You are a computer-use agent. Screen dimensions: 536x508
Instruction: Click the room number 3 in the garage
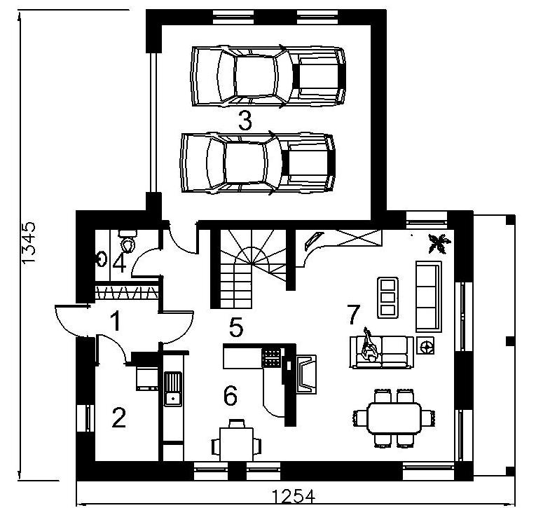point(245,121)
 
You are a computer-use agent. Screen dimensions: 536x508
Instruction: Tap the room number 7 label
point(354,314)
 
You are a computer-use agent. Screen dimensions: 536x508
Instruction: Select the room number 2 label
point(119,418)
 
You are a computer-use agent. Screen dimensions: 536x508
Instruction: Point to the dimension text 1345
point(29,242)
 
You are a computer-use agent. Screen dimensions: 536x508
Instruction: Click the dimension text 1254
point(294,497)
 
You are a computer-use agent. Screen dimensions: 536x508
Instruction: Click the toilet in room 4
point(128,241)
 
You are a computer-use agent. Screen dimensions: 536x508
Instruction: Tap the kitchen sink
point(173,389)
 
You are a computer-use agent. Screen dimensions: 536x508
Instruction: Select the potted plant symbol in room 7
point(439,243)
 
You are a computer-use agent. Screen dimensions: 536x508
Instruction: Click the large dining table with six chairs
point(394,418)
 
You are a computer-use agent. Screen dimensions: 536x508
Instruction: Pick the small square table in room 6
point(237,441)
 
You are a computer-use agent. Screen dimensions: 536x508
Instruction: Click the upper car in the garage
point(268,76)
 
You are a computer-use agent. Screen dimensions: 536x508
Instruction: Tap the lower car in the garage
point(258,163)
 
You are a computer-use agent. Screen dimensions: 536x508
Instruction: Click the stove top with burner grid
point(272,357)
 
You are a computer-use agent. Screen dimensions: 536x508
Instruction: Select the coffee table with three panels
point(388,298)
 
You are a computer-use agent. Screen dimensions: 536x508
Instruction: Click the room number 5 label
point(236,327)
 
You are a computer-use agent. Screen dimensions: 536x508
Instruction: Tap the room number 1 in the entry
point(116,321)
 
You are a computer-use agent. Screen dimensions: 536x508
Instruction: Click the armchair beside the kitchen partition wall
point(306,374)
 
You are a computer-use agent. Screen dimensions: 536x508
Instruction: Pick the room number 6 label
point(231,396)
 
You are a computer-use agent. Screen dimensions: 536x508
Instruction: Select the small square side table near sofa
point(425,345)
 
